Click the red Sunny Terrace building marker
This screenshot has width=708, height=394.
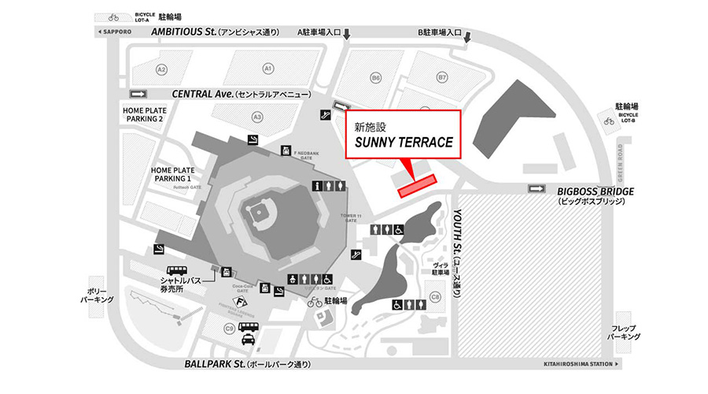coord(417,185)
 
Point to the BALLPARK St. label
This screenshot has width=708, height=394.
coord(215,366)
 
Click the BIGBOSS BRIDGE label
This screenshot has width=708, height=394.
coord(595,191)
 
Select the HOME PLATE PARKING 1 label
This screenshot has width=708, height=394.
coord(173,173)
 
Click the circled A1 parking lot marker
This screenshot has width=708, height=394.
coord(268,68)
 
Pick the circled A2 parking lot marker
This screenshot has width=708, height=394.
coord(162,69)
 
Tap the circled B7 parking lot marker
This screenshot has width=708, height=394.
coord(442,77)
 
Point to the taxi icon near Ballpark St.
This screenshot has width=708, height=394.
coord(248,340)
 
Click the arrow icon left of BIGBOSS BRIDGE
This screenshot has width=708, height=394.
coord(537,188)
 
